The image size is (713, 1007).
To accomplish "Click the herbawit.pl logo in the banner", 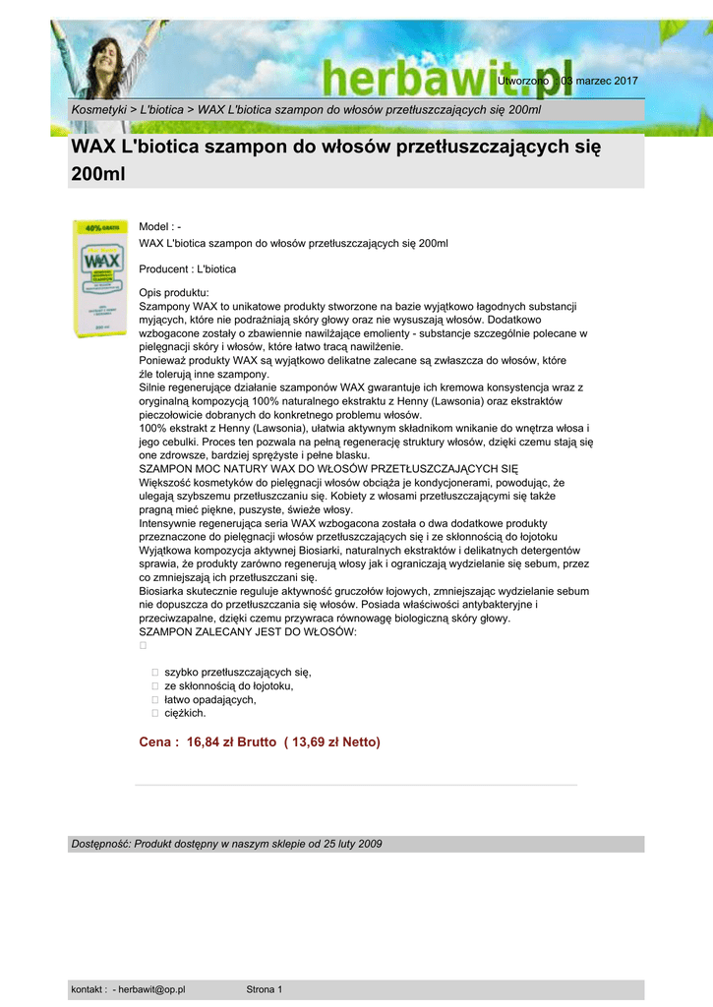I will [x=433, y=75].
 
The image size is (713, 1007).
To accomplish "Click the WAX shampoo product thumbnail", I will [x=99, y=278].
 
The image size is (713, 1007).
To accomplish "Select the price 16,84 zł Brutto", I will [x=230, y=741].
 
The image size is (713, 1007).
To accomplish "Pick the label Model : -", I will [x=160, y=227].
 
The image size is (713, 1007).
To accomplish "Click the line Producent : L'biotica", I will [x=187, y=268].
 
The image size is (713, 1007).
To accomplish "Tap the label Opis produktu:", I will [x=173, y=293].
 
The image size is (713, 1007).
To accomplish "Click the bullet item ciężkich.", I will [x=185, y=713].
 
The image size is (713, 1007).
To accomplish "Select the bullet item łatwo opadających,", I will [x=209, y=699].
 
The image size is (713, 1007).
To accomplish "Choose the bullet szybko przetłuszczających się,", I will [x=237, y=672].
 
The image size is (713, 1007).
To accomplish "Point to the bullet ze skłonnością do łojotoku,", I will [x=228, y=685].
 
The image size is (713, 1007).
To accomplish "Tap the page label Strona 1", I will [x=264, y=989].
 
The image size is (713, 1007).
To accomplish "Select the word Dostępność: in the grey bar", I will [x=100, y=844].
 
